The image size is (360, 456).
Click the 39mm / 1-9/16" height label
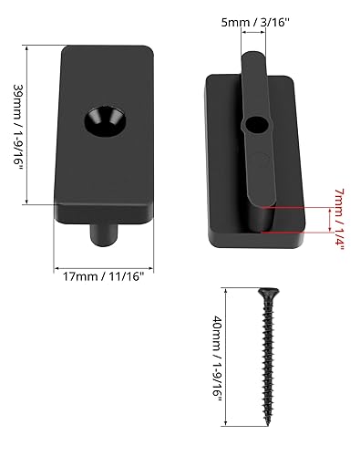pyautogui.click(x=18, y=129)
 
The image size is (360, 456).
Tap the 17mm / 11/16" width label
pyautogui.click(x=103, y=276)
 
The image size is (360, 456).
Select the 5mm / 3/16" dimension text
pyautogui.click(x=255, y=22)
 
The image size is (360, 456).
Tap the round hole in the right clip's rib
pyautogui.click(x=257, y=126)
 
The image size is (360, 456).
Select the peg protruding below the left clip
pyautogui.click(x=104, y=234)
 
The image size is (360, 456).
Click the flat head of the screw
pyautogui.click(x=269, y=292)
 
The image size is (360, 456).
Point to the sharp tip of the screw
pyautogui.click(x=268, y=425)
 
